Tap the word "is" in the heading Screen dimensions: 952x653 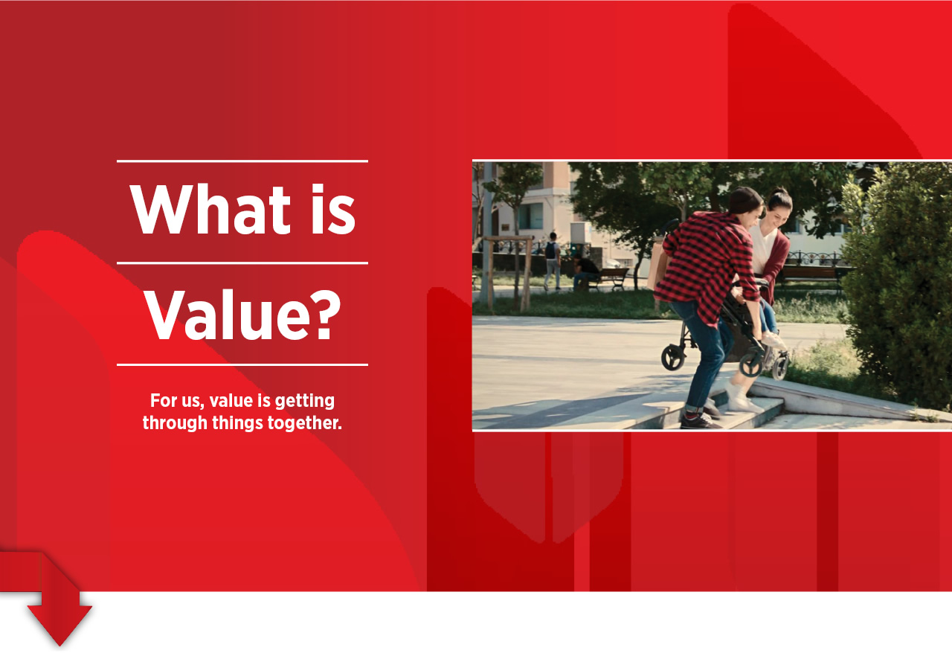point(333,209)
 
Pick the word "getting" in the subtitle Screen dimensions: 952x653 point(305,401)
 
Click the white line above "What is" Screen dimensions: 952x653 point(242,161)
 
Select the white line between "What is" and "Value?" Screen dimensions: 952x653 point(242,263)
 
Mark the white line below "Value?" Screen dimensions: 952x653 point(242,364)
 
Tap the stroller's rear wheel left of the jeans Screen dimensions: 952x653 point(673,357)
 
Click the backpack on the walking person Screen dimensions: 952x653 point(551,251)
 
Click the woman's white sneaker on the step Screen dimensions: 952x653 point(742,399)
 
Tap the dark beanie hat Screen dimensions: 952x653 point(746,199)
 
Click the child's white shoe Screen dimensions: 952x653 point(773,340)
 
